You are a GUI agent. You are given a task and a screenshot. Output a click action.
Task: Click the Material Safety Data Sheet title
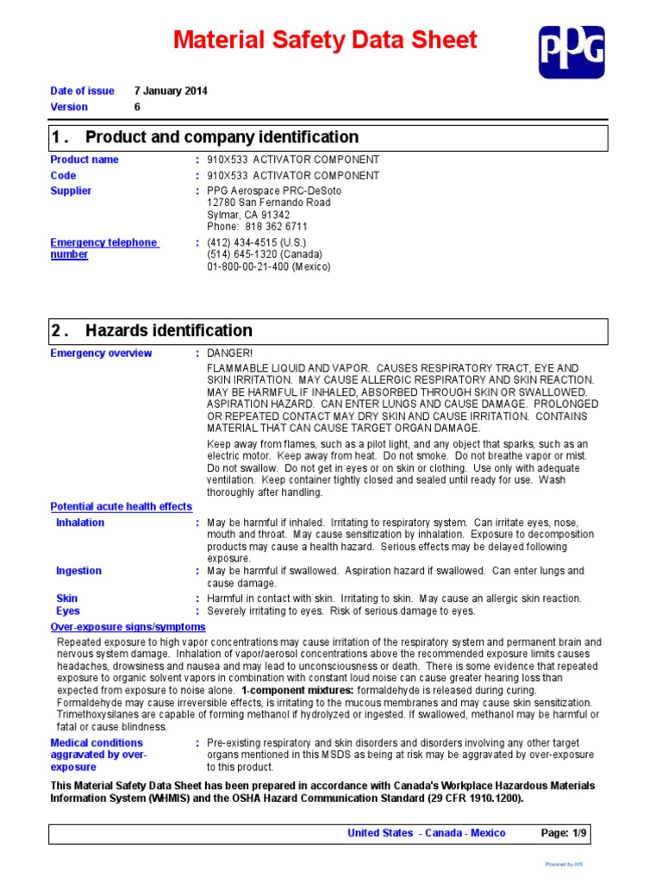[x=325, y=40]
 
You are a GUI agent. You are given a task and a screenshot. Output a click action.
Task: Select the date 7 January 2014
[x=171, y=91]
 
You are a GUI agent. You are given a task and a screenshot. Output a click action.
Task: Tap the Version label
[x=69, y=107]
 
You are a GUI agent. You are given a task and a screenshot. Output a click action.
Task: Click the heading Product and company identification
[x=222, y=137]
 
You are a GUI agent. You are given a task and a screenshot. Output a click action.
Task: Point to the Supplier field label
[x=71, y=191]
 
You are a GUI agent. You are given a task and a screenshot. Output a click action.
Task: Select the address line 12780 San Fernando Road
[x=268, y=203]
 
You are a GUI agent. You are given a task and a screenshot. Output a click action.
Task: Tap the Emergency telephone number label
[x=103, y=248]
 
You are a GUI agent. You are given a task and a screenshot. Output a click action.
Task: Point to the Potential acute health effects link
[x=122, y=506]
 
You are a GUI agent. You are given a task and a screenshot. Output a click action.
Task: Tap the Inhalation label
[x=80, y=523]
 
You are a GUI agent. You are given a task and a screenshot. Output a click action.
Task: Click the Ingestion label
[x=78, y=571]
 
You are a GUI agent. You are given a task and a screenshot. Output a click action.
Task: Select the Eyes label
[x=68, y=611]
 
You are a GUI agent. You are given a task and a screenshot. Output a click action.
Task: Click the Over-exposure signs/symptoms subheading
[x=128, y=627]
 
